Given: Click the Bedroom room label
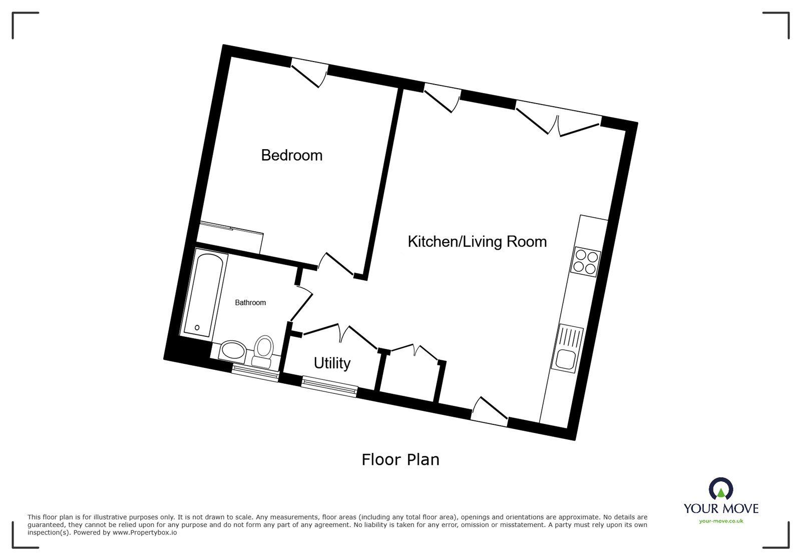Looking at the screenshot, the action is [292, 156].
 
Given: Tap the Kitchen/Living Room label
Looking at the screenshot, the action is [477, 242].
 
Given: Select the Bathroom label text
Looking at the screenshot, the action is [250, 303].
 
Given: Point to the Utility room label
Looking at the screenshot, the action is [332, 363].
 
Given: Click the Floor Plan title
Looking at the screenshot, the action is [400, 459].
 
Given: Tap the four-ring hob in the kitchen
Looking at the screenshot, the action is [586, 262].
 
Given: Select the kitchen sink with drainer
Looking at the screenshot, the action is [568, 348].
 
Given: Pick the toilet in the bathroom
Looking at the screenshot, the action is [263, 351].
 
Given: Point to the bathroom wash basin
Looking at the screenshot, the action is [232, 350].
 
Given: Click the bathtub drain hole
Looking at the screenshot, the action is [197, 328].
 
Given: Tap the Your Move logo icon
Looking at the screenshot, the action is [721, 488].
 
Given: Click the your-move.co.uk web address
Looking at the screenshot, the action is [721, 521].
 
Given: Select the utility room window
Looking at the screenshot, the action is [329, 387].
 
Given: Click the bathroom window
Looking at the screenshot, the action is [255, 372].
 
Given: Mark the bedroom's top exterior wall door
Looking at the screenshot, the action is [309, 73].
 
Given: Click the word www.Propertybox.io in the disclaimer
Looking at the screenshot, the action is [145, 532].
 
